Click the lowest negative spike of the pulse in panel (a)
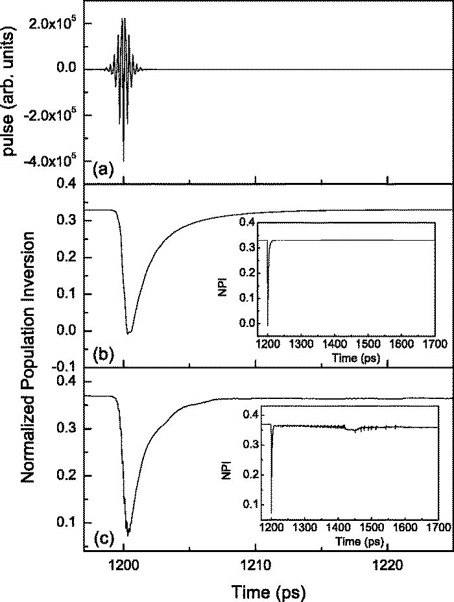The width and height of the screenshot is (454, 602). pyautogui.click(x=123, y=161)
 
